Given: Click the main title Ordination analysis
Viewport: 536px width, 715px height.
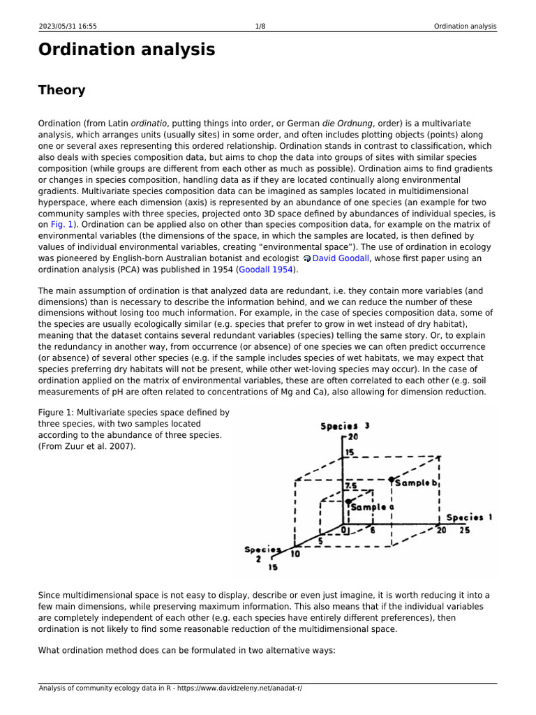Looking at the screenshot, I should click(126, 50).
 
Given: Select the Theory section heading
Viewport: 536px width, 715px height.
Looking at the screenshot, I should click(61, 90).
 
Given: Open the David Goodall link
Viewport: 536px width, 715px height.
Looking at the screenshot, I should click(341, 258).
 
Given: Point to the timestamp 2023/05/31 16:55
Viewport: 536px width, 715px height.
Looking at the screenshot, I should click(68, 27).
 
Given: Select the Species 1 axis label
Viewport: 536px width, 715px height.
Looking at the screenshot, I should click(469, 517).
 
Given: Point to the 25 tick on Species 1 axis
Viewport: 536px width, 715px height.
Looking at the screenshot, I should click(464, 531).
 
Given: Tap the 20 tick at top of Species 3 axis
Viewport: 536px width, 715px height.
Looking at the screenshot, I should click(352, 437).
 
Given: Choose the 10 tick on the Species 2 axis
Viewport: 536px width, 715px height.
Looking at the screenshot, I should click(295, 554).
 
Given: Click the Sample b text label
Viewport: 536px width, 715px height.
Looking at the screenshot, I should click(416, 482).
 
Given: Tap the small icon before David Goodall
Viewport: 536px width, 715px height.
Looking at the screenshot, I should click(307, 259).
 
